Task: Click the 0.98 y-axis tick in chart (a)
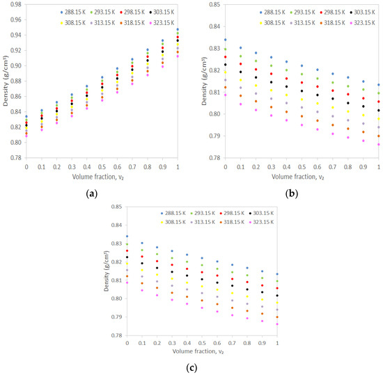[14, 5]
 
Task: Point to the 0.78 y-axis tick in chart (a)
[14, 158]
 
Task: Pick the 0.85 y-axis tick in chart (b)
[212, 5]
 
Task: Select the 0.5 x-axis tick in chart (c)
[203, 343]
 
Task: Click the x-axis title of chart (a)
[102, 177]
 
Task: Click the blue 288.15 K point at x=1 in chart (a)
[178, 30]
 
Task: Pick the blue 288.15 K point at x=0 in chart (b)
[225, 40]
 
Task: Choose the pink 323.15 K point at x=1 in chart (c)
[278, 324]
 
